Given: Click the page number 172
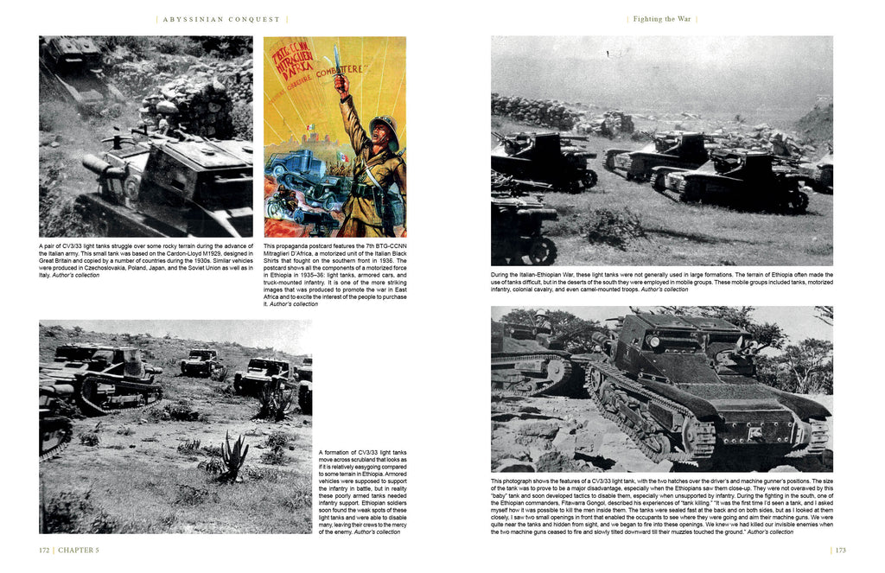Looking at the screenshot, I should (x=43, y=550).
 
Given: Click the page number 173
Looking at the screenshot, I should (x=840, y=550).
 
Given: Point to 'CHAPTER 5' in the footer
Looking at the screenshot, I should (x=79, y=550).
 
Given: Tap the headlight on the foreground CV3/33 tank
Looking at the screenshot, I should (x=653, y=342).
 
